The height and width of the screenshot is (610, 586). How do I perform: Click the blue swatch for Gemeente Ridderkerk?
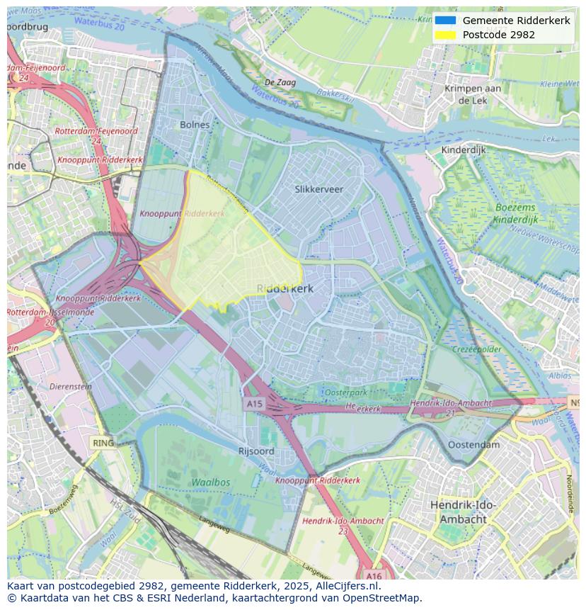[445, 21]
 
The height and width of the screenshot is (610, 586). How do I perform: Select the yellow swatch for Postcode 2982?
[445, 35]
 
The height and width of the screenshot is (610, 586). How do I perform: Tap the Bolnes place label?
[195, 125]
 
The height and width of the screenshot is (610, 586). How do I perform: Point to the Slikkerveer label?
[318, 189]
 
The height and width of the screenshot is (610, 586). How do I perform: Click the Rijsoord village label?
[256, 451]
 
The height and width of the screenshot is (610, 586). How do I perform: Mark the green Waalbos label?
[210, 482]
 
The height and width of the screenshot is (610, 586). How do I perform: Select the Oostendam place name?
[473, 445]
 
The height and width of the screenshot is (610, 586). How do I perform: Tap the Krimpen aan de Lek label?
[473, 94]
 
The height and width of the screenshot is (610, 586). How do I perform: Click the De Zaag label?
[280, 83]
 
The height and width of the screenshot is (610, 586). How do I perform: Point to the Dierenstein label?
[71, 387]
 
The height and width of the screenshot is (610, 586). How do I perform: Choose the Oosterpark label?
[345, 392]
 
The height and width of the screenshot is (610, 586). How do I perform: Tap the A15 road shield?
[253, 404]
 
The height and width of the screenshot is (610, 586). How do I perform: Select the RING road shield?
[103, 443]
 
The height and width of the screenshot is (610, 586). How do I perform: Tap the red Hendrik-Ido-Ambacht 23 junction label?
[343, 525]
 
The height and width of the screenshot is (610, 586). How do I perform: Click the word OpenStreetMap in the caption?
[387, 598]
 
